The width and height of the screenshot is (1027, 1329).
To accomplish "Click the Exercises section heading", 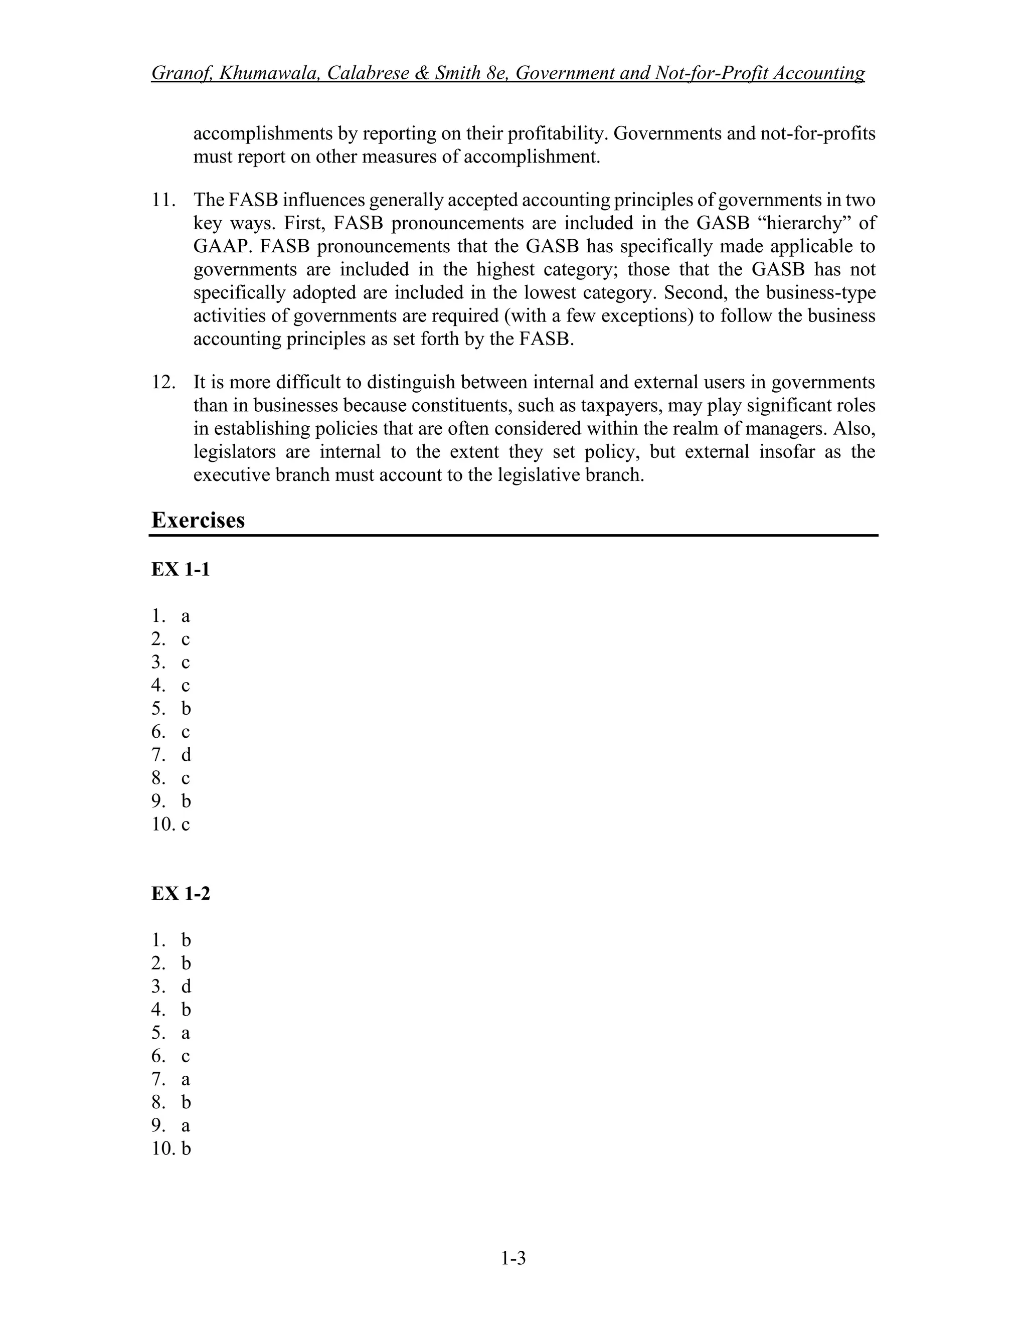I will coord(198,520).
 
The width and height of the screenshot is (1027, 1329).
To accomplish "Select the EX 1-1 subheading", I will coord(180,570).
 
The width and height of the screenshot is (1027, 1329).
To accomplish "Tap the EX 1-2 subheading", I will coord(180,894).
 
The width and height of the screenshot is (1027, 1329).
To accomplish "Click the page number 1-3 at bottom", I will coord(513,1257).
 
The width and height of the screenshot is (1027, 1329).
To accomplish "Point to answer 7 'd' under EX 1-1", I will coord(186,755).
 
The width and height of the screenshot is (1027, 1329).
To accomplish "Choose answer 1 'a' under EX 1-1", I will coord(186,616).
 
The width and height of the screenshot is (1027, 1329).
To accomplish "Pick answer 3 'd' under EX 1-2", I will coord(186,987).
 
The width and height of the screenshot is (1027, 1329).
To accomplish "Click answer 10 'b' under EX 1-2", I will coord(186,1149).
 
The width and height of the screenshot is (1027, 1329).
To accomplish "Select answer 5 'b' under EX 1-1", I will coord(186,709).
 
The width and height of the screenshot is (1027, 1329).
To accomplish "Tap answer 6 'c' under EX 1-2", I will coord(186,1056).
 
